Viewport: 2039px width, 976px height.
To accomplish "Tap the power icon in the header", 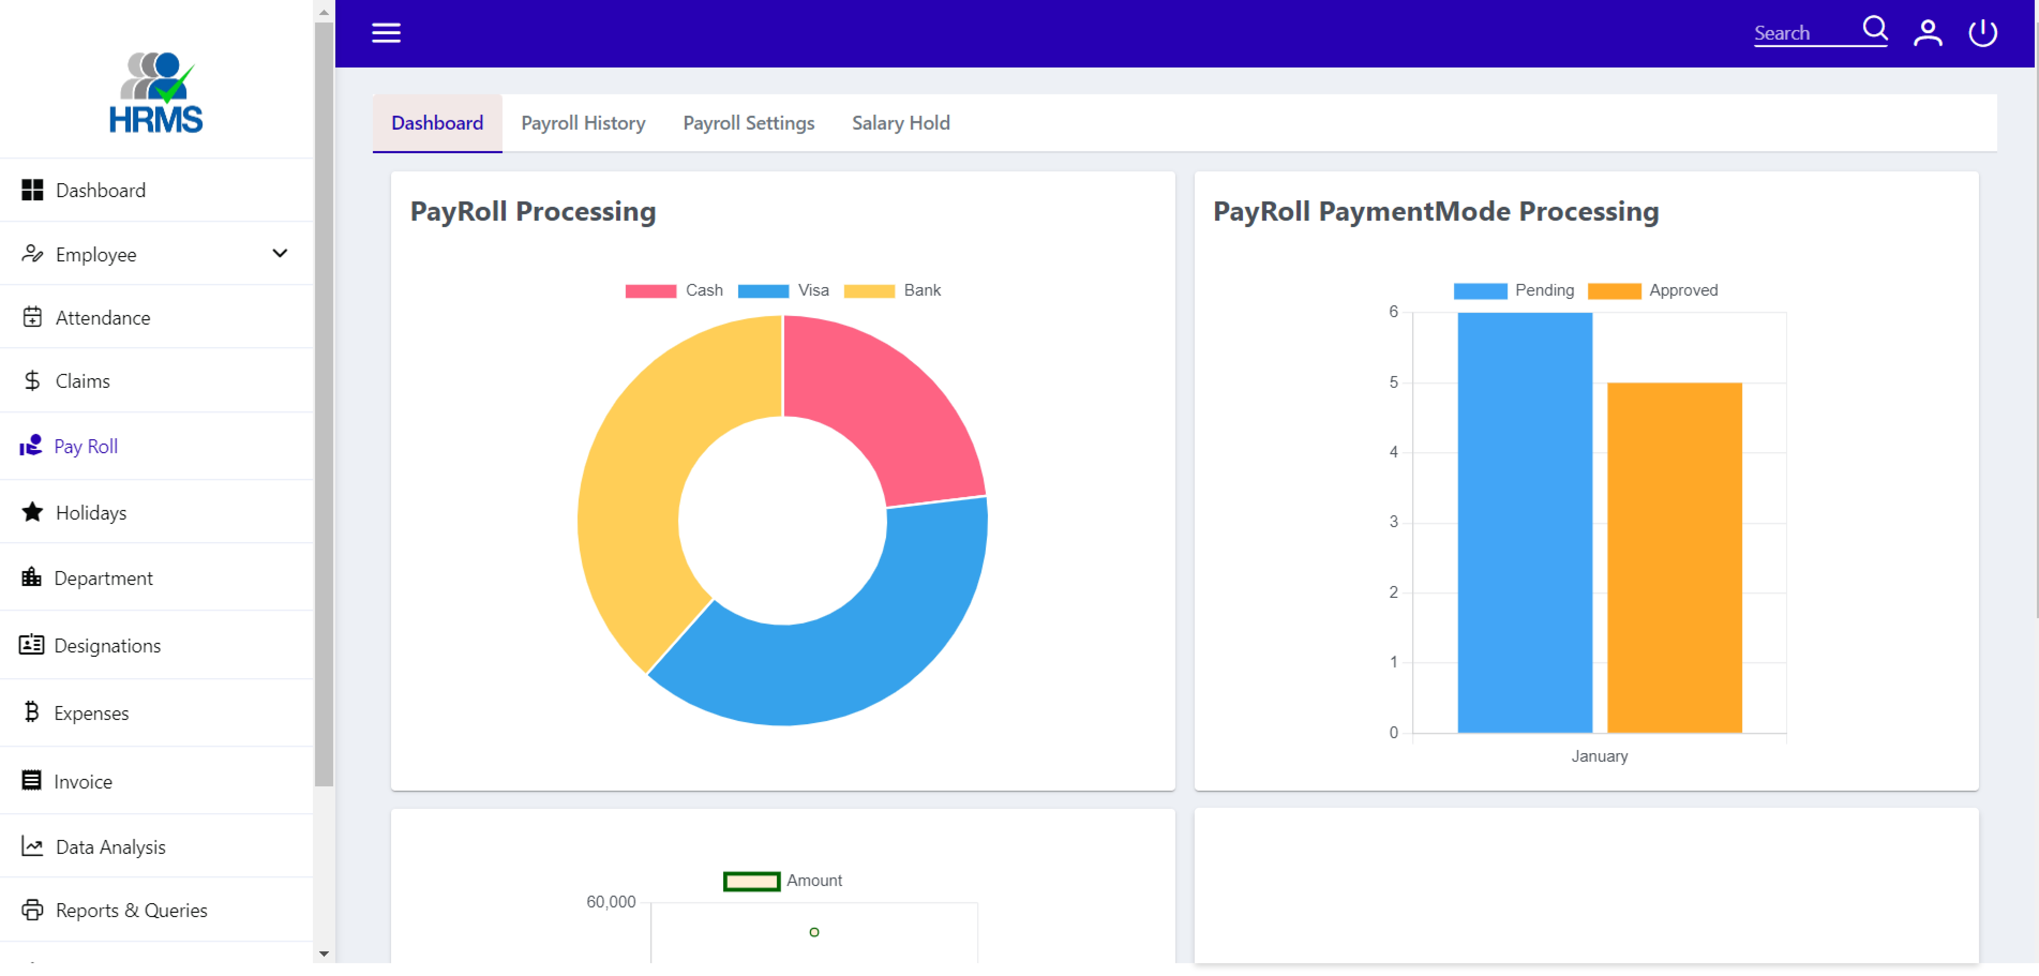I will pyautogui.click(x=1983, y=32).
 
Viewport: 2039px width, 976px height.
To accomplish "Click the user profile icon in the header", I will pyautogui.click(x=1927, y=32).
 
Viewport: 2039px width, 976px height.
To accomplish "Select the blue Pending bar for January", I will pyautogui.click(x=1524, y=523).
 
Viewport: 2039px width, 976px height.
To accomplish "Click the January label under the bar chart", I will pyautogui.click(x=1599, y=756).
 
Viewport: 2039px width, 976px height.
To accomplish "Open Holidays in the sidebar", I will pyautogui.click(x=91, y=513).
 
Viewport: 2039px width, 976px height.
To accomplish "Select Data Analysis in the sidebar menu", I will pyautogui.click(x=110, y=847).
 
